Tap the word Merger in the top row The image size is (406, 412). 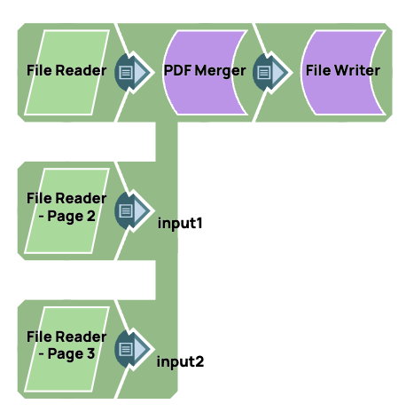click(x=220, y=71)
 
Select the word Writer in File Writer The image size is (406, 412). click(x=358, y=70)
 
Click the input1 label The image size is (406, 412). click(x=181, y=222)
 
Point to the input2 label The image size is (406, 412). click(x=181, y=361)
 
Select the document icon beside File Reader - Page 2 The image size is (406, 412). click(x=127, y=210)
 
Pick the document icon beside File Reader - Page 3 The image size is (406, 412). click(x=127, y=349)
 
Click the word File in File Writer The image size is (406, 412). click(x=318, y=70)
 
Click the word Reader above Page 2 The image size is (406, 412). click(x=86, y=198)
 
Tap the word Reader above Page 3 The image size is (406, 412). click(x=86, y=337)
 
